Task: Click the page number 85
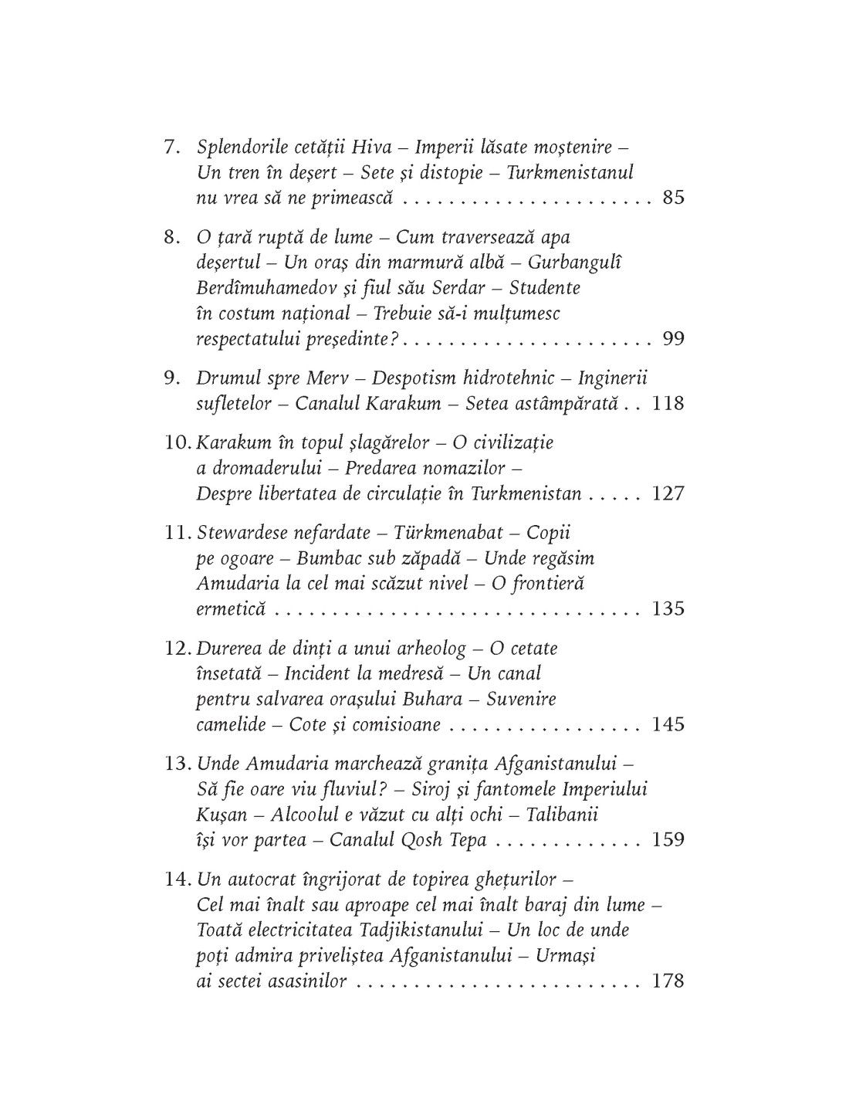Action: point(673,198)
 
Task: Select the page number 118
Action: point(668,403)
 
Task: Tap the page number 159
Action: point(668,839)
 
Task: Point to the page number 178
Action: point(668,981)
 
